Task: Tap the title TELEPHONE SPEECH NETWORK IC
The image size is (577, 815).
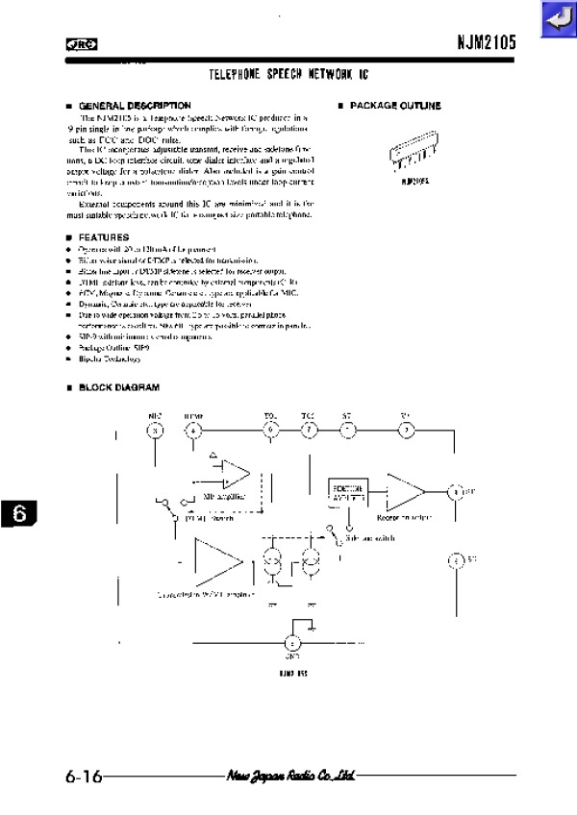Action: coord(288,74)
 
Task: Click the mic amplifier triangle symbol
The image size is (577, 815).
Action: coord(234,474)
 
